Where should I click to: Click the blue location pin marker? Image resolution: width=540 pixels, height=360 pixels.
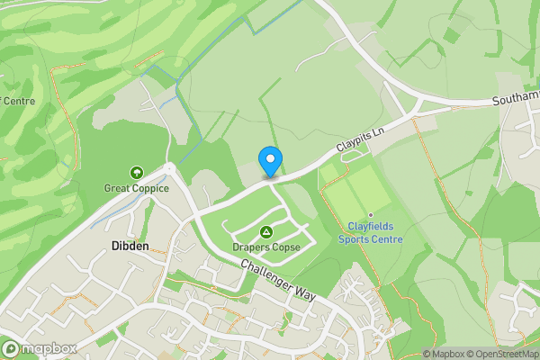pyautogui.click(x=269, y=161)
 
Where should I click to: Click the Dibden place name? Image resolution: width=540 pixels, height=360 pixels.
pyautogui.click(x=130, y=245)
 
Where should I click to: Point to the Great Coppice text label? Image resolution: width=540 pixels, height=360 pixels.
pyautogui.click(x=137, y=188)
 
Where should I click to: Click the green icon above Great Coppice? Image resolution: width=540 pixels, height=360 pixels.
pyautogui.click(x=137, y=172)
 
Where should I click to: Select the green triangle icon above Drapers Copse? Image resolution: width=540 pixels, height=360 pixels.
pyautogui.click(x=265, y=232)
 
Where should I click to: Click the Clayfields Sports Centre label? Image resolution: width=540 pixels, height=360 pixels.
pyautogui.click(x=370, y=232)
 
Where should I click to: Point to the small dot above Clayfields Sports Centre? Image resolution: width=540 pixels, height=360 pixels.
pyautogui.click(x=370, y=214)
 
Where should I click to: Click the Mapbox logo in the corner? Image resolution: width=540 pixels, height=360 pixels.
pyautogui.click(x=38, y=348)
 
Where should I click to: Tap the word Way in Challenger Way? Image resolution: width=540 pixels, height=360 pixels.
pyautogui.click(x=306, y=293)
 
